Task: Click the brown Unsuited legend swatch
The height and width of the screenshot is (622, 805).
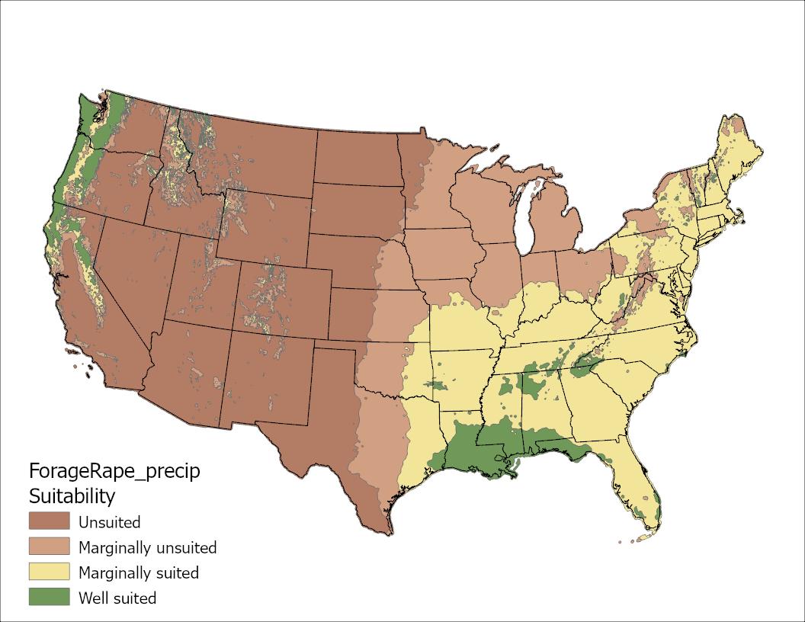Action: tap(49, 521)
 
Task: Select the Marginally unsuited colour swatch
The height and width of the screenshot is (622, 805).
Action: tap(49, 547)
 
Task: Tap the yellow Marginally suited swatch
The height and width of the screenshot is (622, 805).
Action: tap(49, 572)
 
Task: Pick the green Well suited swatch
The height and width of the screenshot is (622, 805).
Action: tap(49, 597)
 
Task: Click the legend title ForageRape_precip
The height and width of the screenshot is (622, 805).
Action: tap(114, 471)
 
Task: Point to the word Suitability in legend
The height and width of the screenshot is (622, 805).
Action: tap(72, 496)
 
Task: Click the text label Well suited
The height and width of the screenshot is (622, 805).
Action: tap(117, 598)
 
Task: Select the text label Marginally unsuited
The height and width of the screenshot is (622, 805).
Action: tap(147, 547)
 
